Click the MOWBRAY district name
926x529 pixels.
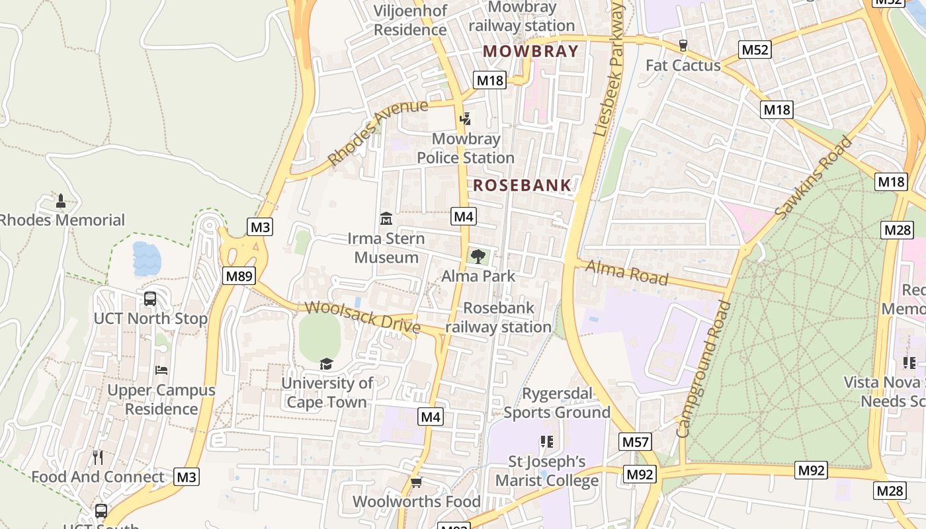tap(530, 51)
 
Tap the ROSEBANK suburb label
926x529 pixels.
tap(523, 185)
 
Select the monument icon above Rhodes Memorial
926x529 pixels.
tap(61, 200)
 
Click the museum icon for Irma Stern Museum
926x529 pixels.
tap(386, 218)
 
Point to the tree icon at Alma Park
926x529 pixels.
tap(478, 256)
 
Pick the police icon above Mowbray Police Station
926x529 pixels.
tap(466, 119)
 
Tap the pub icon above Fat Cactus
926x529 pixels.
tap(683, 46)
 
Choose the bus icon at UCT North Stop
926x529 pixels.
tap(150, 299)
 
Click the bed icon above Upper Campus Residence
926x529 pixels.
tap(161, 370)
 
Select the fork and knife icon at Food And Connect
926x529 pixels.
tap(98, 457)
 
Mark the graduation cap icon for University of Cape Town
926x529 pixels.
tap(326, 364)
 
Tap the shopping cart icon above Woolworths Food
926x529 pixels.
tap(416, 482)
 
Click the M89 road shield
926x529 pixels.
tap(239, 276)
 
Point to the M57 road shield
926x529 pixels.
tap(636, 442)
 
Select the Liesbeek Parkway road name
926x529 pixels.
tap(609, 69)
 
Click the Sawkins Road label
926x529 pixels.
tap(814, 178)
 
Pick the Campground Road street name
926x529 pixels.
tap(704, 368)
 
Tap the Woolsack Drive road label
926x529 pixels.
tap(362, 317)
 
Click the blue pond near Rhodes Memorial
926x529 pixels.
tap(146, 259)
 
